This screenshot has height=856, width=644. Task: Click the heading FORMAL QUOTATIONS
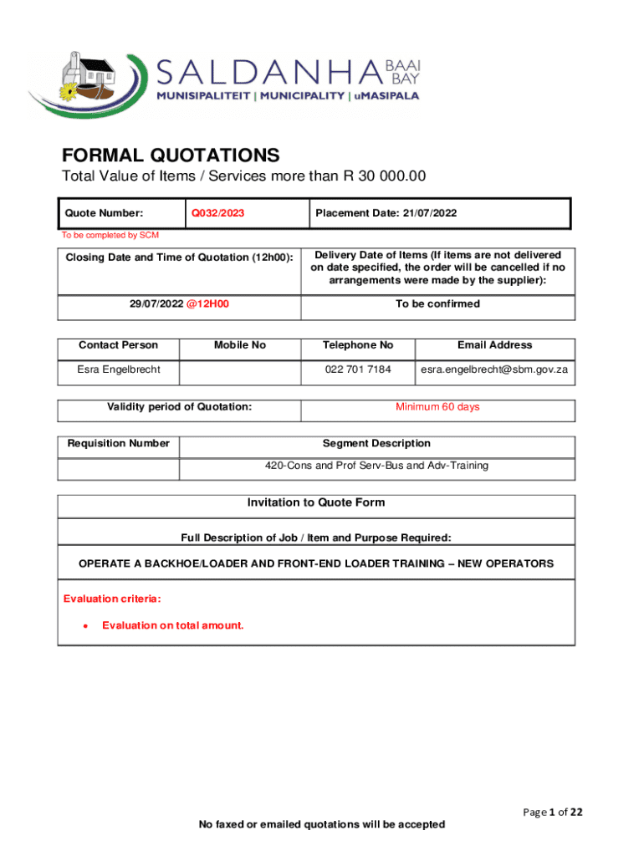click(x=171, y=155)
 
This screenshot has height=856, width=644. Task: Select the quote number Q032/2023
click(x=218, y=213)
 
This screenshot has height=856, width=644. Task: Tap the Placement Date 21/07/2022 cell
click(x=386, y=213)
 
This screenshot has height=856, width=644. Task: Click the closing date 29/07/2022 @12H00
click(x=179, y=304)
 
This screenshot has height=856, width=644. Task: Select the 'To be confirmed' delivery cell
click(x=437, y=304)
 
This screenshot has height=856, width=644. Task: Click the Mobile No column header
click(x=239, y=344)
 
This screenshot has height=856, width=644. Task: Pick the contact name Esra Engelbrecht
click(x=118, y=369)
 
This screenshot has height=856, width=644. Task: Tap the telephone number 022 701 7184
click(x=357, y=369)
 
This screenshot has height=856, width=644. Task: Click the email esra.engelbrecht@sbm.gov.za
click(x=494, y=369)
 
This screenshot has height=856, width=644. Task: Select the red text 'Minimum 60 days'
click(x=437, y=407)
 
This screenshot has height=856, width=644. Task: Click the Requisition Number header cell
click(x=118, y=443)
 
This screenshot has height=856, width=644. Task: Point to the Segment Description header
click(x=376, y=443)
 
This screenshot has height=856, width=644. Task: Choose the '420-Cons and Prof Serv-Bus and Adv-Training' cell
click(x=376, y=465)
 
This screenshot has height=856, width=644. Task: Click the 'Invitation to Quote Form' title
click(x=315, y=502)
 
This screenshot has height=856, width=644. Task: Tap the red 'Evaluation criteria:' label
click(x=112, y=599)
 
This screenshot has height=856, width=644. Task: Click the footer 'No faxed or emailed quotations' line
click(x=321, y=824)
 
